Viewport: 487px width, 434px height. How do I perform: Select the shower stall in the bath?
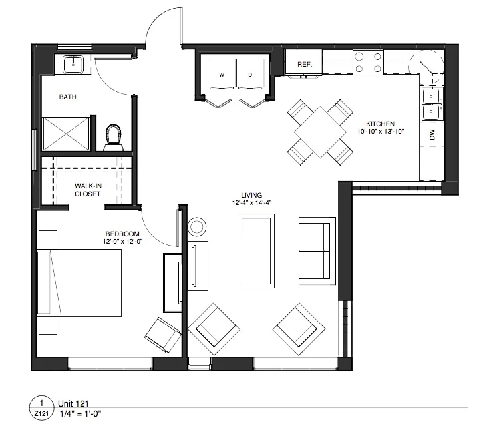(x=65, y=134)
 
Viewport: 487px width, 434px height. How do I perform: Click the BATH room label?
(x=67, y=97)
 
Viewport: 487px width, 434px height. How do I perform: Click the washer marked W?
(x=221, y=75)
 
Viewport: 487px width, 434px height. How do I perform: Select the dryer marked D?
(x=251, y=75)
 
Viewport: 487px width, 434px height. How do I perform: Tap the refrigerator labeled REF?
(x=305, y=64)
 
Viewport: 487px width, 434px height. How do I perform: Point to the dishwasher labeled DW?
(x=432, y=136)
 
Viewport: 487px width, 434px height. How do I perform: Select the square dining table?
(x=319, y=130)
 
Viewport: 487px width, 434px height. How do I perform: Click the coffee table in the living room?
(x=256, y=250)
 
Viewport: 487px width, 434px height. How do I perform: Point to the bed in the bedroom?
(x=80, y=284)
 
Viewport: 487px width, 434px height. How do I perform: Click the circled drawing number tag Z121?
(x=41, y=407)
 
